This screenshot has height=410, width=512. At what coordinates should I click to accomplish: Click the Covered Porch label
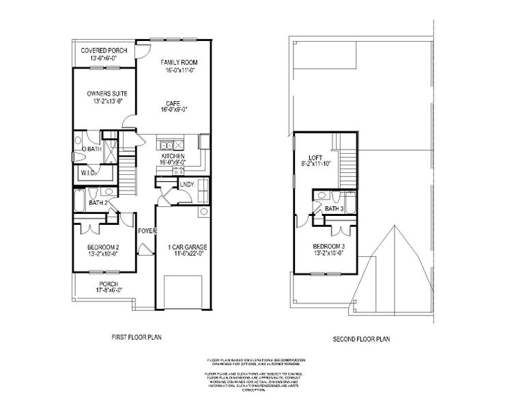[x=105, y=51]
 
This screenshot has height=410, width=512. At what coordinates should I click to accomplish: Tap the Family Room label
[x=179, y=63]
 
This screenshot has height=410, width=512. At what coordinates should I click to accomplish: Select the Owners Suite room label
[x=107, y=94]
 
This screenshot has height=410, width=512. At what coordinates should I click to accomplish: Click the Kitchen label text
[x=173, y=156]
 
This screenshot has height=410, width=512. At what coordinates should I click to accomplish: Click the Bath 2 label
[x=98, y=203]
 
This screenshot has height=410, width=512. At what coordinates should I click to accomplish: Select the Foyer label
[x=147, y=231]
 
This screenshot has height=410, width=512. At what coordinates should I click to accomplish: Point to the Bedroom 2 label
[x=104, y=247]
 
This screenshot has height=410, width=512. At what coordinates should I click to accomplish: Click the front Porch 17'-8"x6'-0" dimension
[x=109, y=290]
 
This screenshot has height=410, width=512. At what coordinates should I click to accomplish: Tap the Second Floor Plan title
[x=361, y=338]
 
